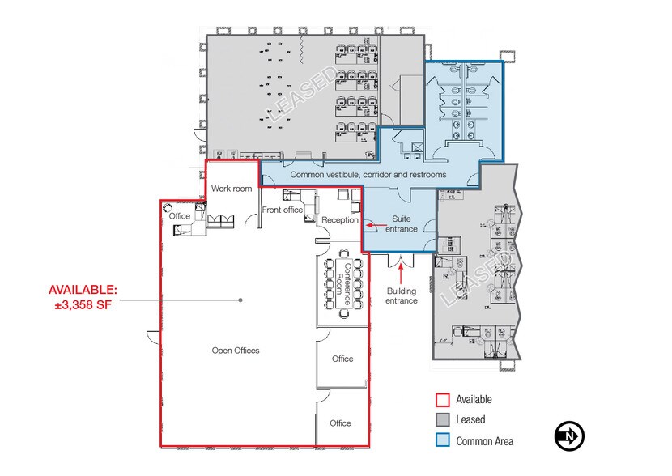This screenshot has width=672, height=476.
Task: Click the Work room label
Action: click(x=232, y=189)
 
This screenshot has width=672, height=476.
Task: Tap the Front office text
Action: click(x=283, y=210)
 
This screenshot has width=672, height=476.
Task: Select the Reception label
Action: click(x=339, y=220)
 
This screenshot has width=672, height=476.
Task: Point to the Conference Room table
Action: click(x=340, y=283)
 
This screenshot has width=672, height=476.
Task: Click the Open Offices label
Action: click(x=236, y=351)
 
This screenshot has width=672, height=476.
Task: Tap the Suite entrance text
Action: click(x=401, y=223)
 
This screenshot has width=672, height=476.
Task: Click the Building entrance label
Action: click(x=402, y=295)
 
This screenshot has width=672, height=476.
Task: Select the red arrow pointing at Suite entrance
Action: click(x=371, y=227)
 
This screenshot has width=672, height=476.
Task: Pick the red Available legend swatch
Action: click(x=442, y=399)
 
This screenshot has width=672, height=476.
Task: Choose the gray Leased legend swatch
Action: click(x=442, y=420)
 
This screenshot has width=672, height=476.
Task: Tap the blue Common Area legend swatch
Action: click(x=442, y=441)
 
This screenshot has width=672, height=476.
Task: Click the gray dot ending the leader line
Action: click(x=240, y=300)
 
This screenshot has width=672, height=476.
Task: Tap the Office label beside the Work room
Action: click(x=180, y=216)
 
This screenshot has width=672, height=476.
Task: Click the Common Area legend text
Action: click(x=484, y=441)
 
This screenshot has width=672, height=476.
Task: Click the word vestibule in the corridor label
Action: click(x=342, y=175)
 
